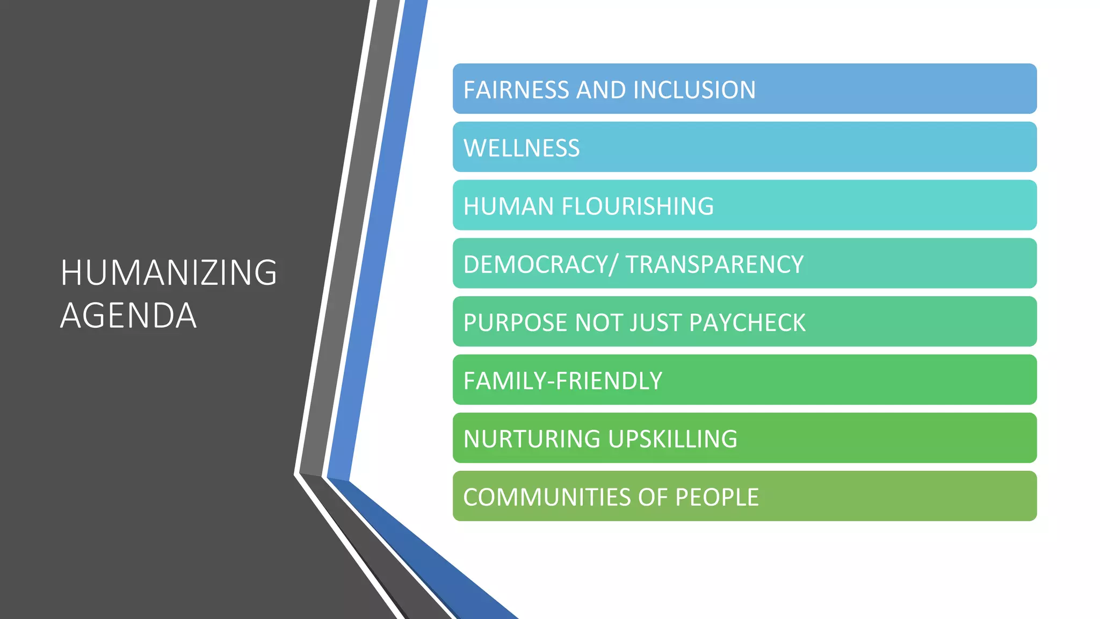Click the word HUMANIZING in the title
click(x=169, y=272)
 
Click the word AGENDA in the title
click(x=128, y=315)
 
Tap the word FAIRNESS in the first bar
click(x=516, y=90)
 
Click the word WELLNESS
click(x=522, y=148)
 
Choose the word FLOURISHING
click(x=638, y=206)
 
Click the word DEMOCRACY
click(x=535, y=264)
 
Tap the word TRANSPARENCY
click(x=714, y=264)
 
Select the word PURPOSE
click(x=515, y=323)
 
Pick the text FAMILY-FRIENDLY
click(x=563, y=381)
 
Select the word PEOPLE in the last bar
click(x=717, y=497)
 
